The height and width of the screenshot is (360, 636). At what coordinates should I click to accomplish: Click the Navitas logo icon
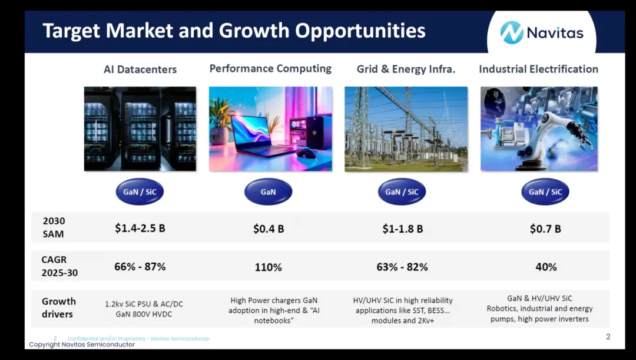coord(512,32)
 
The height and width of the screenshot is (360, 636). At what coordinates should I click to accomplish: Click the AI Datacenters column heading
coord(140,70)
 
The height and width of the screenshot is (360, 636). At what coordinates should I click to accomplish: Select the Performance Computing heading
coord(270,68)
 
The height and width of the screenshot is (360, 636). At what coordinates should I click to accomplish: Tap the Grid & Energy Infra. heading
coord(406,70)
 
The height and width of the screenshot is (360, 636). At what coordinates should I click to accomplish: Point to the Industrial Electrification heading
coord(539,69)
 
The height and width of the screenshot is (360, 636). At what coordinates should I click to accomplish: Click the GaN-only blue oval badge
coord(268,191)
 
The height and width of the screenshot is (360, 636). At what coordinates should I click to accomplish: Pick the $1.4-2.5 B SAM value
coord(140,228)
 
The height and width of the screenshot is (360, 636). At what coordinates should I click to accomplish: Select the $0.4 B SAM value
coord(269,229)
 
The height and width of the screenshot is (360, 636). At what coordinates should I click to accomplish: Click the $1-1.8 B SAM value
coord(403,229)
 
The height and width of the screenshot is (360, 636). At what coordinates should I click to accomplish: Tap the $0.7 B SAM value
coord(545,229)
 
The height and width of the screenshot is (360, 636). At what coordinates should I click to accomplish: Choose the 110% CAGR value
coord(268,267)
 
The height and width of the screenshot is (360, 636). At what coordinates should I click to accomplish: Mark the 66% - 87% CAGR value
coord(140,267)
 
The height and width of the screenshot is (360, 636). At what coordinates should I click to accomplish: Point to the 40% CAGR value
coord(546,267)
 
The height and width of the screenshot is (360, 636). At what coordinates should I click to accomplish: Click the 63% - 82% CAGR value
coord(402,267)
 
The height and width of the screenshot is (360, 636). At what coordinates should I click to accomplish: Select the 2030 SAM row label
coord(54,227)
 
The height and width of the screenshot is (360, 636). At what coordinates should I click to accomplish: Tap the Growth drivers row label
coord(58,307)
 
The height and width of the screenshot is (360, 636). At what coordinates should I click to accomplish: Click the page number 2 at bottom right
coord(608,336)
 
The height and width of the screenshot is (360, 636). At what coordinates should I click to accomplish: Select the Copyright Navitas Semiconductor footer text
coord(81,345)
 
